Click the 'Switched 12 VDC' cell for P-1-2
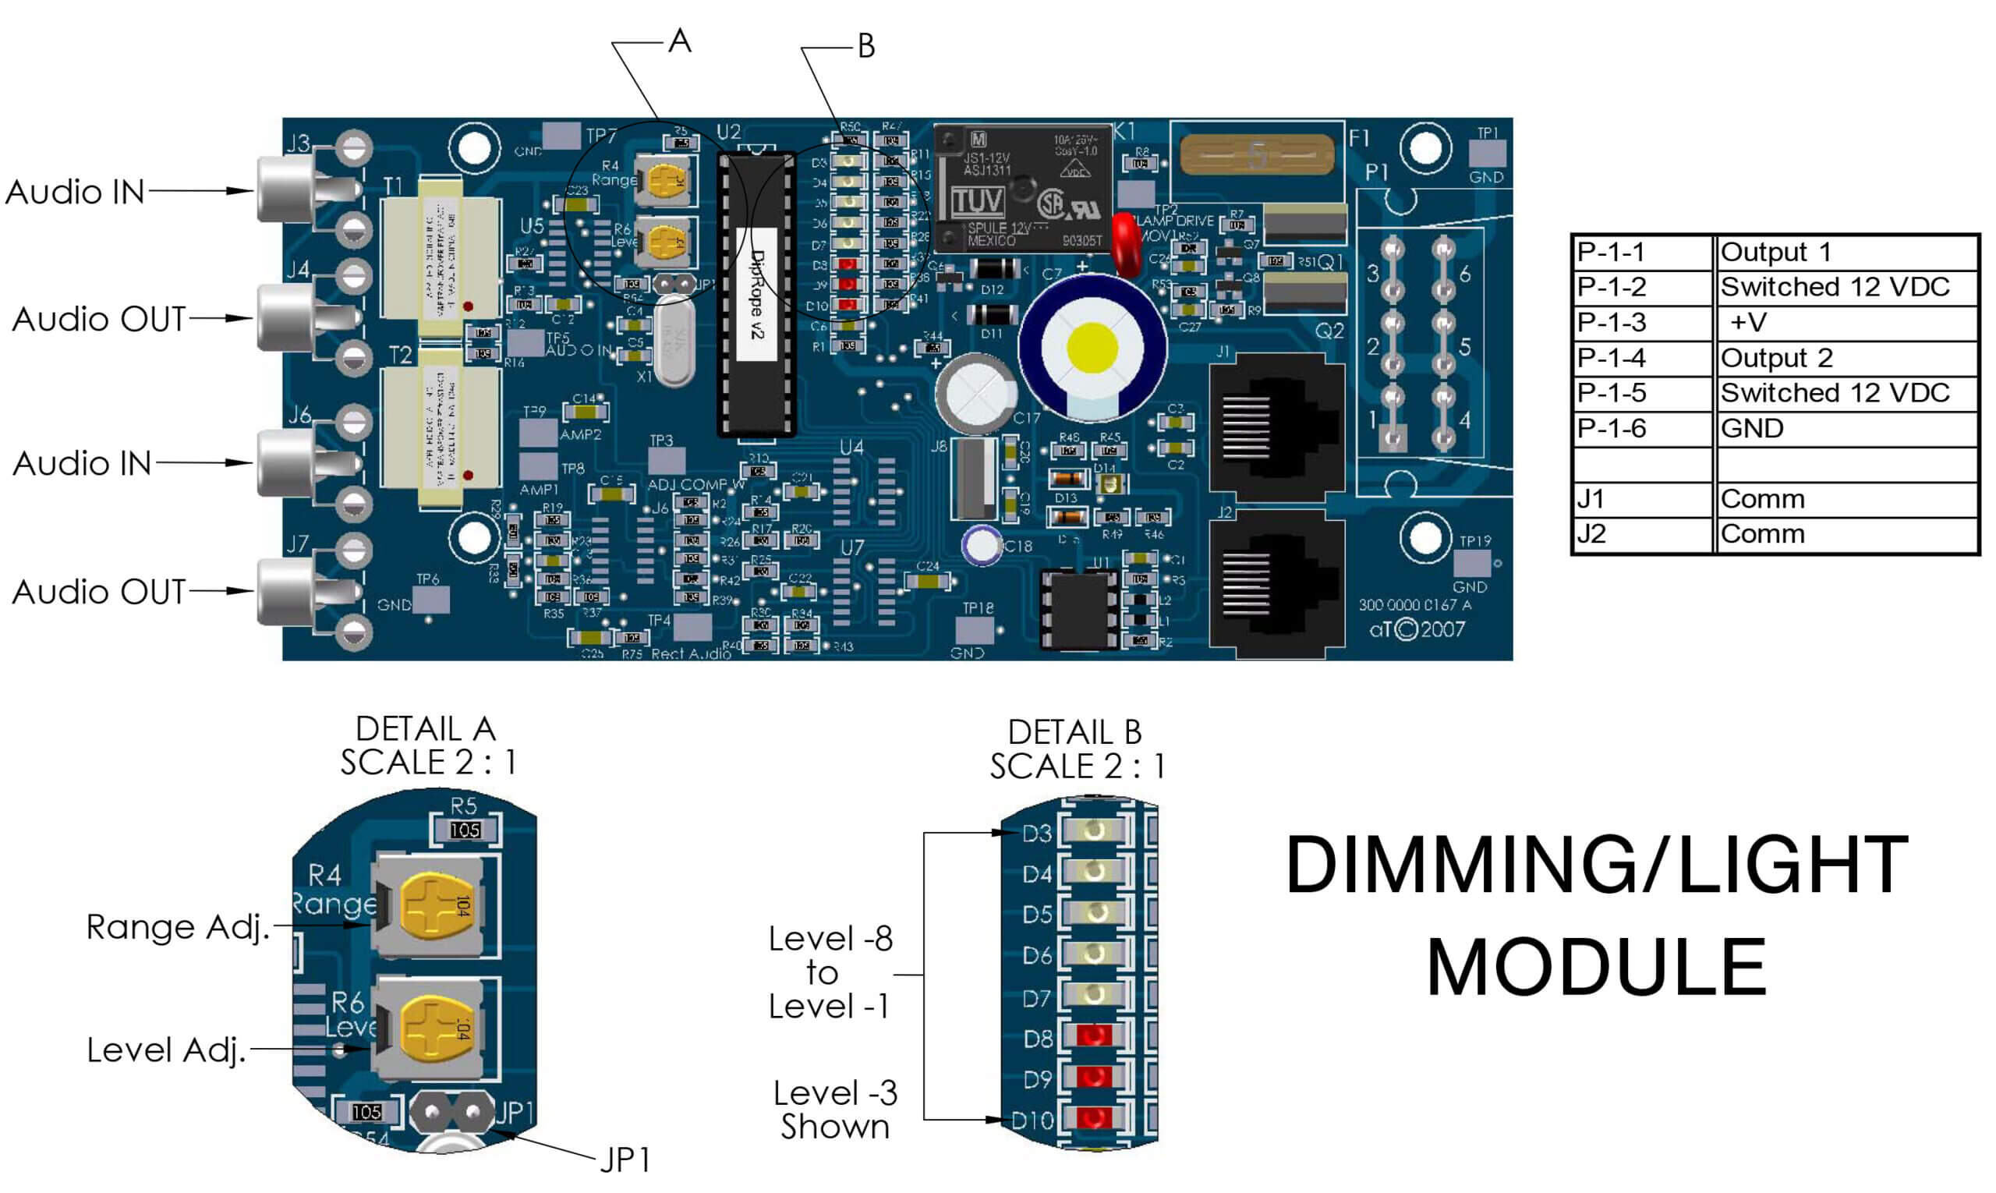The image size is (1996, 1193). click(1835, 287)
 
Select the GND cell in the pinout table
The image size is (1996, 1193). click(1752, 429)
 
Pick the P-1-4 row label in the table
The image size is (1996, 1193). click(1611, 358)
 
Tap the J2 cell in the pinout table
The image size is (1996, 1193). click(1591, 534)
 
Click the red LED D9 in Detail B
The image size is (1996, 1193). click(1092, 1077)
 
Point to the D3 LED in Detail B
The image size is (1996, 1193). click(1092, 830)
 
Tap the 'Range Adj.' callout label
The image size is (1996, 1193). click(177, 927)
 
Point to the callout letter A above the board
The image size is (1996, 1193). click(679, 41)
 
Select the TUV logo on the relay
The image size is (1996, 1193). click(978, 201)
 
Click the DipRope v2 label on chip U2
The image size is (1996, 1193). click(756, 293)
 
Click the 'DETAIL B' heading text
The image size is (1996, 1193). click(1074, 732)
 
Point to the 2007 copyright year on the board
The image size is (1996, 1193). click(1442, 628)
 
